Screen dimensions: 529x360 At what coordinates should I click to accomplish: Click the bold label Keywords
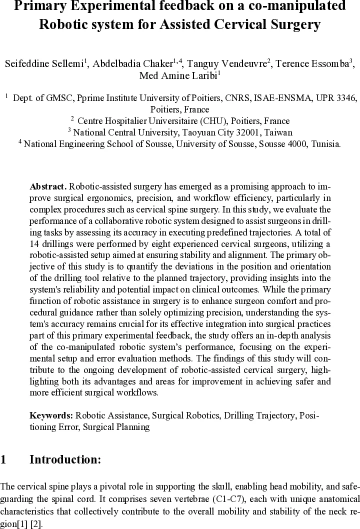tap(51, 415)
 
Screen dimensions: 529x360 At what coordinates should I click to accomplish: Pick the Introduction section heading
tap(65, 460)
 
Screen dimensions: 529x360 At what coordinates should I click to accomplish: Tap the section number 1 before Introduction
tap(3, 460)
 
